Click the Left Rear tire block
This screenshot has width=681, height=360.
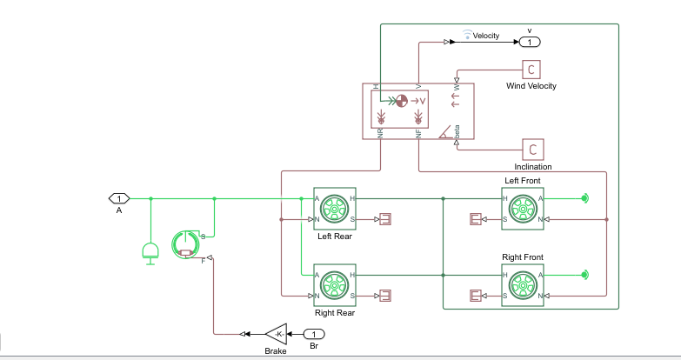[335, 209]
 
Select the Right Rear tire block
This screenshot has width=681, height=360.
[335, 285]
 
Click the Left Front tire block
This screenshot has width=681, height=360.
[523, 209]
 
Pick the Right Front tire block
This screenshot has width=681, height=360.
[523, 285]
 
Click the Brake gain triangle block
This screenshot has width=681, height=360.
[276, 333]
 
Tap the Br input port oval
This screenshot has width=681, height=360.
[314, 334]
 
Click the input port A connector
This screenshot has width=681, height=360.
[119, 198]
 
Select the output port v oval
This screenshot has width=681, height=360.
[530, 42]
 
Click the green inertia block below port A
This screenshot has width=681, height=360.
[150, 252]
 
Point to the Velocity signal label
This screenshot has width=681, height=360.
[485, 36]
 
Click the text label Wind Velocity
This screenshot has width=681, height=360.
[531, 86]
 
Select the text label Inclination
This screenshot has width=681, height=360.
[532, 166]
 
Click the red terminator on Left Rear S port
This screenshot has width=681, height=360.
[385, 219]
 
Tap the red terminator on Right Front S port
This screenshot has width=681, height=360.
[475, 296]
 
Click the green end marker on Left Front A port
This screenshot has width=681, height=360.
[585, 198]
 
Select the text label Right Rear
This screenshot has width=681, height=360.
[335, 313]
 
